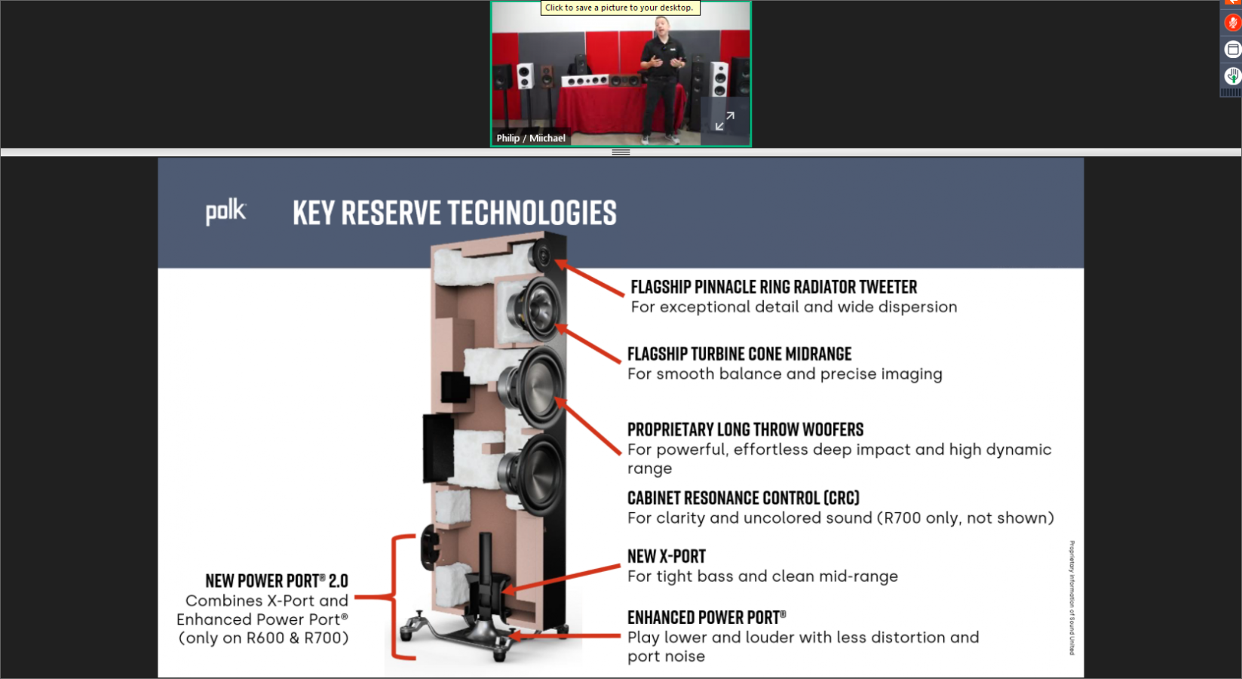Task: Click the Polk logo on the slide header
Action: click(x=225, y=212)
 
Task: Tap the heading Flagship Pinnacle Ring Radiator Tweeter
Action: click(x=774, y=287)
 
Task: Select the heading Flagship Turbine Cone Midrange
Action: click(x=739, y=355)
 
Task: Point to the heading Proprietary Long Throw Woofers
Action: click(x=745, y=430)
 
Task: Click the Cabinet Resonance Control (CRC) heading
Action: click(x=743, y=499)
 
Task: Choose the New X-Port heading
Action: click(x=666, y=557)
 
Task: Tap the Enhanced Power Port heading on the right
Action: click(x=706, y=618)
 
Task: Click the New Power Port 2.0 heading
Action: click(x=276, y=581)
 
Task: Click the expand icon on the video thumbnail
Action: click(x=725, y=121)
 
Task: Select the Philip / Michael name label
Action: click(x=530, y=138)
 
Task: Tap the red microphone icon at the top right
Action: click(x=1232, y=23)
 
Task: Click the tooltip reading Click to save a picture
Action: click(x=619, y=8)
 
